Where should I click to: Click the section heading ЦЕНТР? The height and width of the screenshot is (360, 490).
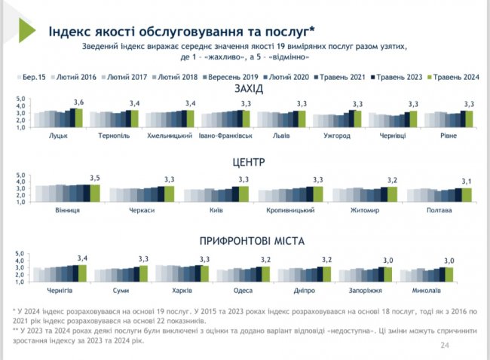248,161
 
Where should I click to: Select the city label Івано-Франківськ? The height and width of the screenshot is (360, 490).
225,135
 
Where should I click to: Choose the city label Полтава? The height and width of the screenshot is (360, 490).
438,210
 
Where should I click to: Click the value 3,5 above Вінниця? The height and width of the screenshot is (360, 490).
94,177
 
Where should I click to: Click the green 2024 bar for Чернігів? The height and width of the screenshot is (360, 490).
82,272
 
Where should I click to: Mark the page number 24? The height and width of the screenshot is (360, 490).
443,346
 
